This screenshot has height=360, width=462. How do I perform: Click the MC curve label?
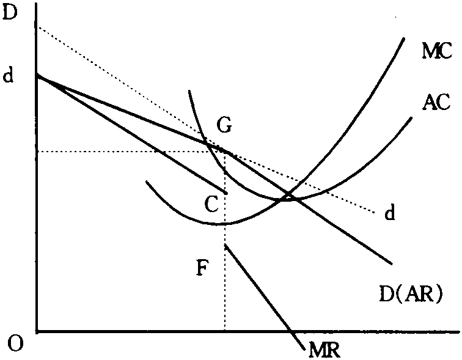pyautogui.click(x=437, y=51)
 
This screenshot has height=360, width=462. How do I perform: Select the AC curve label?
pyautogui.click(x=437, y=102)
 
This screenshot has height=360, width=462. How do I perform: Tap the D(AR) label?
pyautogui.click(x=411, y=295)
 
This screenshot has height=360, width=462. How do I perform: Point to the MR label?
pyautogui.click(x=324, y=350)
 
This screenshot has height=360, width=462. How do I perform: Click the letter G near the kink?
pyautogui.click(x=224, y=125)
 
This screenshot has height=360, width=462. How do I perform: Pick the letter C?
pyautogui.click(x=212, y=205)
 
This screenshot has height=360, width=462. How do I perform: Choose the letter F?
pyautogui.click(x=203, y=268)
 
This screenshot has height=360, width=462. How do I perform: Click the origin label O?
pyautogui.click(x=15, y=343)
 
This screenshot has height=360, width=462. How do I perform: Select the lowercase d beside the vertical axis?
pyautogui.click(x=9, y=75)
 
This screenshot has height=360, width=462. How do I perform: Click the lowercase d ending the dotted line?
pyautogui.click(x=389, y=212)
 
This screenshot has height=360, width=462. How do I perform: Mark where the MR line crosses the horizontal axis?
pyautogui.click(x=291, y=332)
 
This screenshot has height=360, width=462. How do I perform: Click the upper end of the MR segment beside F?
pyautogui.click(x=225, y=244)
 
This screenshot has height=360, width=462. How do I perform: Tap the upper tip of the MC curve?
pyautogui.click(x=404, y=39)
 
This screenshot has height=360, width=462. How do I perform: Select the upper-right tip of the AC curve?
pyautogui.click(x=411, y=118)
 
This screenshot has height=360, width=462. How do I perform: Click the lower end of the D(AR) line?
pyautogui.click(x=392, y=264)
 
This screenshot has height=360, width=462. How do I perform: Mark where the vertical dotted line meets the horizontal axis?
pyautogui.click(x=225, y=332)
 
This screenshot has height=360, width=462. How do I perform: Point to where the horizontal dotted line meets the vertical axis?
pyautogui.click(x=37, y=152)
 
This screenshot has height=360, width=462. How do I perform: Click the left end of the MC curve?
pyautogui.click(x=147, y=182)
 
